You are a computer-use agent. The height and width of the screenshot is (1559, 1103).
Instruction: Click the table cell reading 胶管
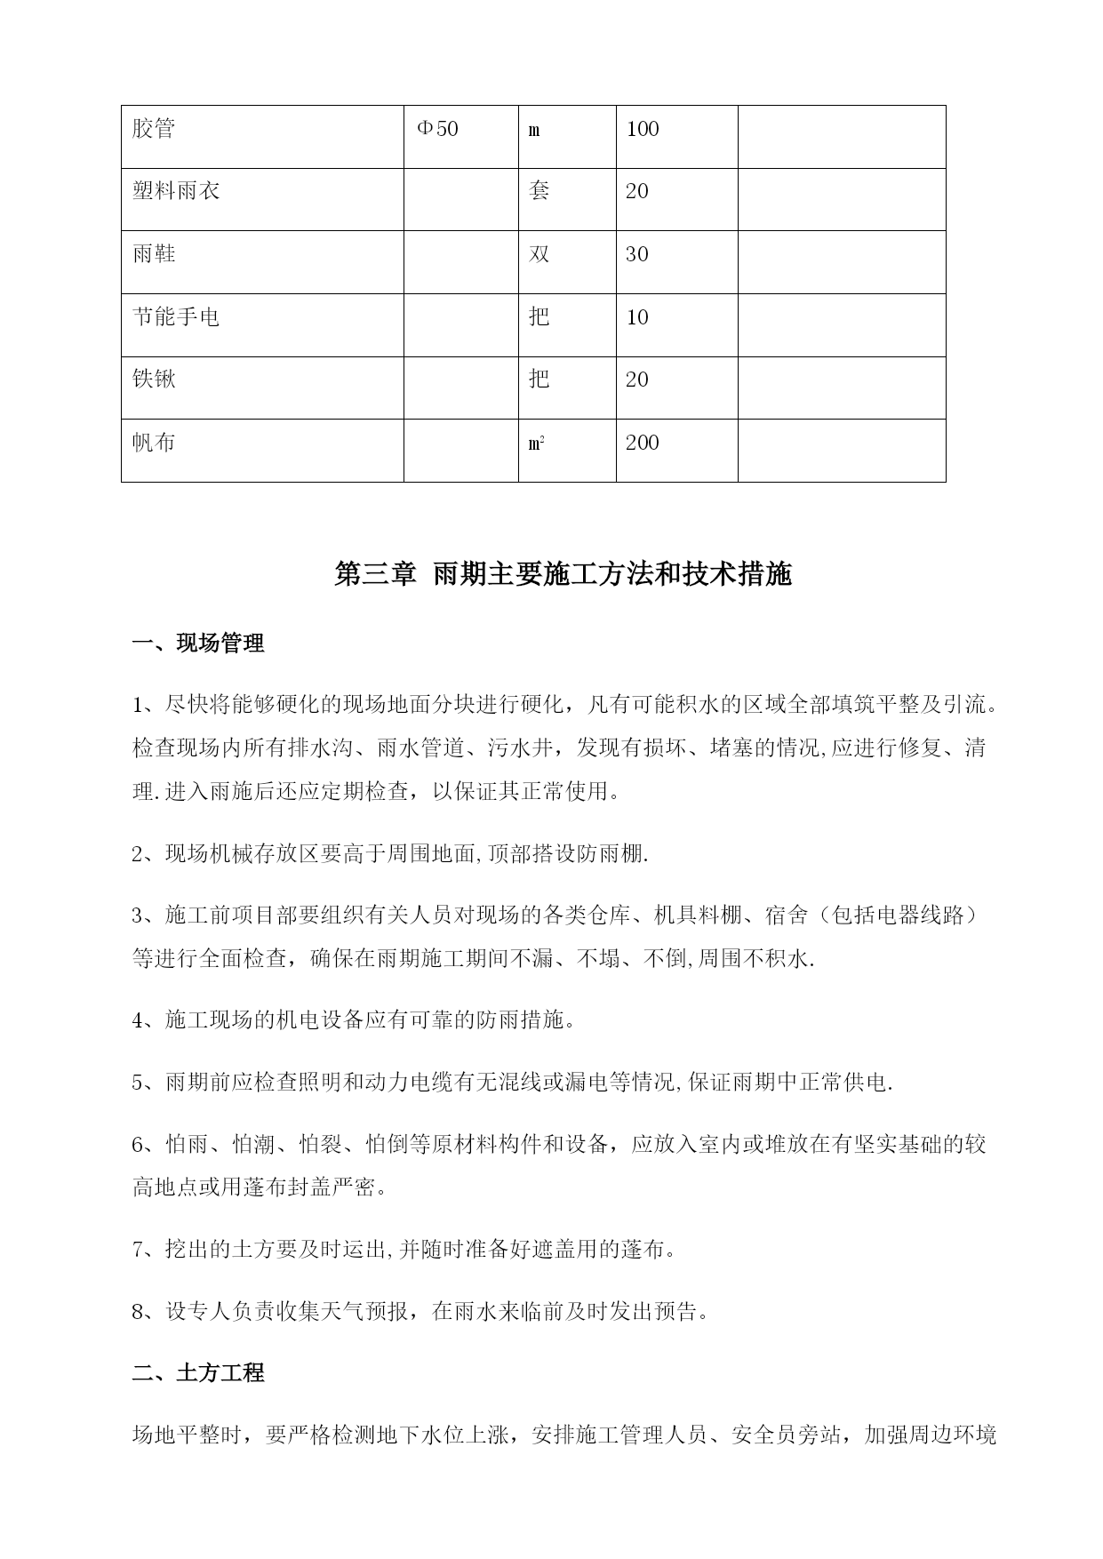tap(154, 130)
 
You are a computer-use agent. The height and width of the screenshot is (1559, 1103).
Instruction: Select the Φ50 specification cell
tap(437, 130)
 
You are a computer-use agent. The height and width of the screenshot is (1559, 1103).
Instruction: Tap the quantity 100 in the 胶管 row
tap(643, 130)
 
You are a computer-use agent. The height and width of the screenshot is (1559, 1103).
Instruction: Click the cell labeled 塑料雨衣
tap(176, 192)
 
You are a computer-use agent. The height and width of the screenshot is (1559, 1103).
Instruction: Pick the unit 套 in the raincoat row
tap(539, 192)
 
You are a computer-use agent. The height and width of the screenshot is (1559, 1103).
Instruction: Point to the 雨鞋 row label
tap(154, 255)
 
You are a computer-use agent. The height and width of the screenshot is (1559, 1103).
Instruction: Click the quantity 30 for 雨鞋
tap(637, 255)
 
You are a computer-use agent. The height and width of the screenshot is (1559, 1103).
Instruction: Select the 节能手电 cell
tap(176, 317)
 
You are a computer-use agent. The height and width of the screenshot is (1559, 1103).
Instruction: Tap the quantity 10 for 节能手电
tap(637, 317)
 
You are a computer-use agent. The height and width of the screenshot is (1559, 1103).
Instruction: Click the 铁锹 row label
tap(154, 380)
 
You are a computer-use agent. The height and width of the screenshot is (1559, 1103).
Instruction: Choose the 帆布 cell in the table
tap(154, 443)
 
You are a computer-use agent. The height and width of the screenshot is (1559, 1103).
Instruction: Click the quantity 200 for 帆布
tap(643, 443)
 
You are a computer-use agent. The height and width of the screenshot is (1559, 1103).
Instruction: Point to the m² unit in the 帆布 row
tap(536, 443)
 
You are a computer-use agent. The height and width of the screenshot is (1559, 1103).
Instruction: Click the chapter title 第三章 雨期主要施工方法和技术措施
tap(563, 575)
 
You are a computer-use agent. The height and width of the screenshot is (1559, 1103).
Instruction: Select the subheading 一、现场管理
tap(198, 644)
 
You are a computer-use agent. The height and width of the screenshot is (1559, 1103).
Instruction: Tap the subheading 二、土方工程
tap(198, 1373)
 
